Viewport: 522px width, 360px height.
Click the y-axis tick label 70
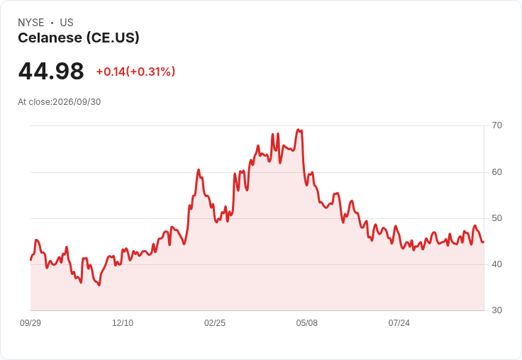coord(496,125)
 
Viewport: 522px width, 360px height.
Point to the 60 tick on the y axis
coord(496,172)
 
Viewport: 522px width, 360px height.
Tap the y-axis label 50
coord(496,218)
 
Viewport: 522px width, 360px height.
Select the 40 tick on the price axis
coord(496,264)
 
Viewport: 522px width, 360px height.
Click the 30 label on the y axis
coord(496,310)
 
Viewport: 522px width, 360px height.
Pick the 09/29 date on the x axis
coord(30,323)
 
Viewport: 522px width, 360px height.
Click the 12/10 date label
coord(123,323)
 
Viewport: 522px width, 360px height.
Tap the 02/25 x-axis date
coord(215,323)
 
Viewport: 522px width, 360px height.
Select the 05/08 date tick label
coord(306,323)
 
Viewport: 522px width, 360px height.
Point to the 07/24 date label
coord(399,323)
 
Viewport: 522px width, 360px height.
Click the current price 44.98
coord(51,71)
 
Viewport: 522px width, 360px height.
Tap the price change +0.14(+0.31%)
coord(135,72)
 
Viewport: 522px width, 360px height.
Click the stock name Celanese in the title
coord(50,38)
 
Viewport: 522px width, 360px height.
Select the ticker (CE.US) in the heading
coord(113,38)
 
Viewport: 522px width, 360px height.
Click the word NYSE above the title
coord(31,23)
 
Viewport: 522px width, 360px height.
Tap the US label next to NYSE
coord(67,23)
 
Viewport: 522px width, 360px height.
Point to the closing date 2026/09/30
coord(77,102)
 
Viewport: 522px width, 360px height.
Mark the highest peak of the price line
coord(299,130)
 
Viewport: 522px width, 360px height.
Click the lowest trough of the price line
coord(99,285)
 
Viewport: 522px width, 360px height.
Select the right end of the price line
coord(484,242)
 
